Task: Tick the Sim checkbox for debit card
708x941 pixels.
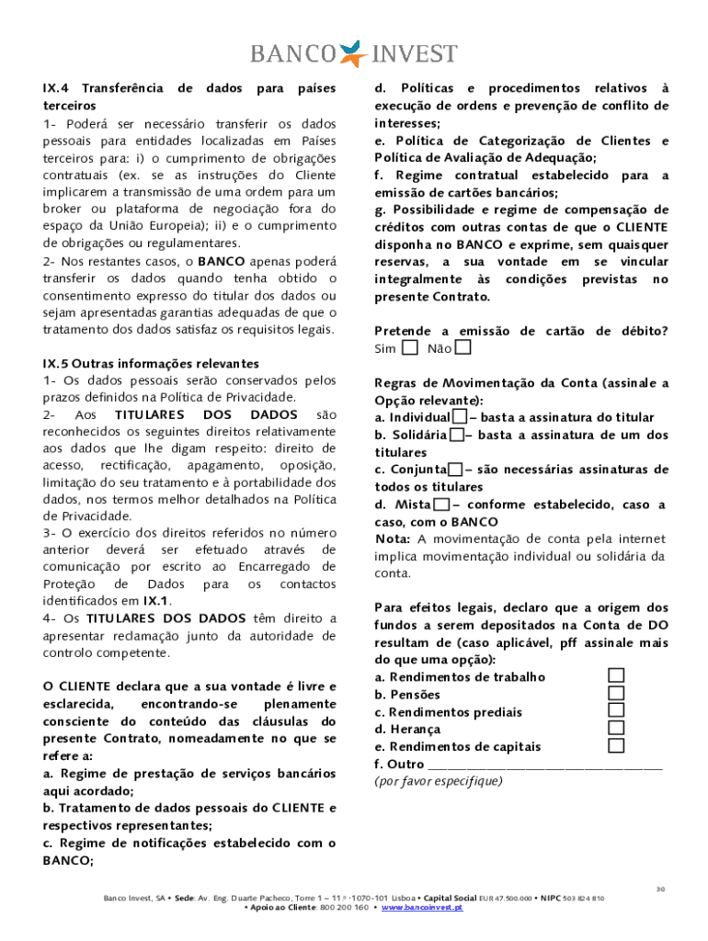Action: pyautogui.click(x=410, y=348)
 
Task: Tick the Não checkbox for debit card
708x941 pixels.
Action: pyautogui.click(x=463, y=348)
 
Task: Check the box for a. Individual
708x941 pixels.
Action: pyautogui.click(x=459, y=418)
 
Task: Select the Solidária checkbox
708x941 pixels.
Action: pyautogui.click(x=456, y=436)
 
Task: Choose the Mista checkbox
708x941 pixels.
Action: pyautogui.click(x=441, y=505)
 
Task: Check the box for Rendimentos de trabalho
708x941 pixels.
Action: pyautogui.click(x=616, y=676)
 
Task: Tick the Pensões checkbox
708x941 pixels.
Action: pyautogui.click(x=616, y=694)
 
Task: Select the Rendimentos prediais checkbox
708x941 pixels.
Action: pyautogui.click(x=616, y=711)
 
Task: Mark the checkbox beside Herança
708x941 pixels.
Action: pyautogui.click(x=616, y=729)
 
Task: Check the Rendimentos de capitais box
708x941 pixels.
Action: pyautogui.click(x=616, y=746)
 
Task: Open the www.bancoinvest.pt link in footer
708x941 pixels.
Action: pyautogui.click(x=422, y=907)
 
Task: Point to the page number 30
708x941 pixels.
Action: pyautogui.click(x=659, y=889)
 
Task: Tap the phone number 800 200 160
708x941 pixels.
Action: pyautogui.click(x=345, y=907)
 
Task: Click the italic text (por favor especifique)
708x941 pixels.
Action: pyautogui.click(x=439, y=781)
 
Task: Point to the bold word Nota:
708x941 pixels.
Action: pyautogui.click(x=394, y=539)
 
